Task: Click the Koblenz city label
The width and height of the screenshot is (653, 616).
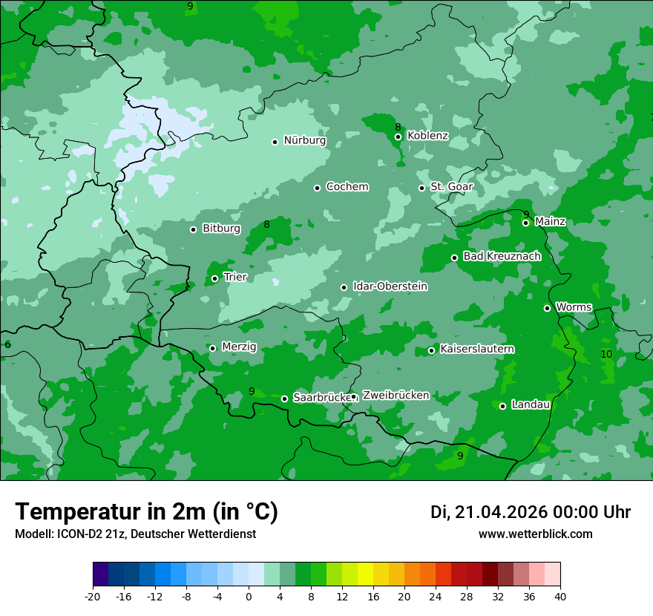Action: click(427, 136)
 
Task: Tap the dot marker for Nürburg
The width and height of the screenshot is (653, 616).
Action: click(275, 142)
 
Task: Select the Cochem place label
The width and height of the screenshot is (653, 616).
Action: click(347, 187)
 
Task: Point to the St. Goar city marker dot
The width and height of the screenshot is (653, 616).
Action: click(421, 188)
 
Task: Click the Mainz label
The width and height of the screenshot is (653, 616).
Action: click(550, 222)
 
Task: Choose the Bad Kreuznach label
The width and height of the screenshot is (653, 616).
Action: click(502, 257)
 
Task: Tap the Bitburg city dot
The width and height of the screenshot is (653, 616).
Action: click(193, 229)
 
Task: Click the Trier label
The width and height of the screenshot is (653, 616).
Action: click(234, 278)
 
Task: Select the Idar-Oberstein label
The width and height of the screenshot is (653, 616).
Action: click(390, 286)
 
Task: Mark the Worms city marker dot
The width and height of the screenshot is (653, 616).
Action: click(547, 308)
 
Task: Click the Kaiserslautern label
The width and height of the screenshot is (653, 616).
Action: click(477, 350)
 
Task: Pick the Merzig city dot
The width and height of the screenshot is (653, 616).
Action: click(212, 348)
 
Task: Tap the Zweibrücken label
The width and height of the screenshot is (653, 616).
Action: click(396, 396)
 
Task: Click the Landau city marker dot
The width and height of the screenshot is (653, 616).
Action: click(502, 406)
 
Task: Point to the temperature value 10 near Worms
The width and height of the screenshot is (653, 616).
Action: click(606, 355)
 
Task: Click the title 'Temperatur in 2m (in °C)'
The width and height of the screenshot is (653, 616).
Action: click(146, 512)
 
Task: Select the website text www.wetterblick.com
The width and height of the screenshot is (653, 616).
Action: click(535, 534)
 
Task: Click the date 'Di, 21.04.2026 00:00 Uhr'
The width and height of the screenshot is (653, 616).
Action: click(531, 512)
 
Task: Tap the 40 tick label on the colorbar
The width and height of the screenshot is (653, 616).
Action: click(560, 597)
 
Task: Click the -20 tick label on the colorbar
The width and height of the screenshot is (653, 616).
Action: click(93, 597)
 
